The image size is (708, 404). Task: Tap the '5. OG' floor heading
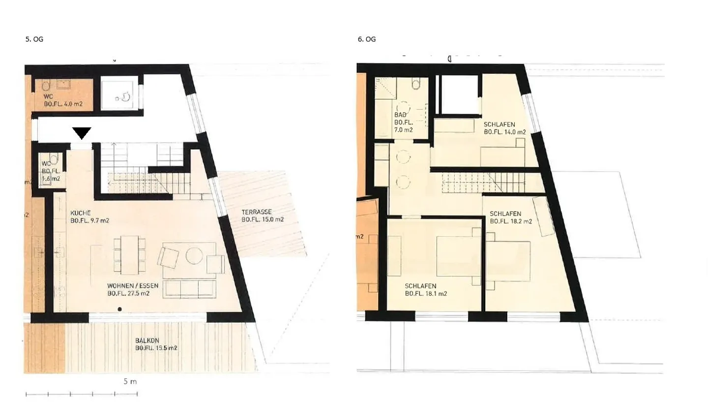point(34,39)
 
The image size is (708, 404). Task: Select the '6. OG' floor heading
point(367,39)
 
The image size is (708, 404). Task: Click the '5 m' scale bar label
point(130,381)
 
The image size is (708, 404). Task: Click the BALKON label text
point(147,340)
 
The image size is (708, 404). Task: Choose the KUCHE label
point(80,213)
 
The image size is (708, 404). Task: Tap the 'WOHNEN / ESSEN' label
point(128,285)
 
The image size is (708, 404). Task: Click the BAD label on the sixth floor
point(399,114)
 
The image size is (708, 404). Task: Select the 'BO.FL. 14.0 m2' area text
point(504,132)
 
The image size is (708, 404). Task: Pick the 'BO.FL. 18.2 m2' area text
point(511,221)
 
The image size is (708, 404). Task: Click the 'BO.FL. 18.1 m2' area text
point(426,294)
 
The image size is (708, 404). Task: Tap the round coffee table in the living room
point(194,255)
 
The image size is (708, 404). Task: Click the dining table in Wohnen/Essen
point(130,255)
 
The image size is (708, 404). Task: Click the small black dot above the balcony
point(119,309)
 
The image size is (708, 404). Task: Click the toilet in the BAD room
point(416,84)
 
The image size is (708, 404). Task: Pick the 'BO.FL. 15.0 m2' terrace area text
point(263,220)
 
